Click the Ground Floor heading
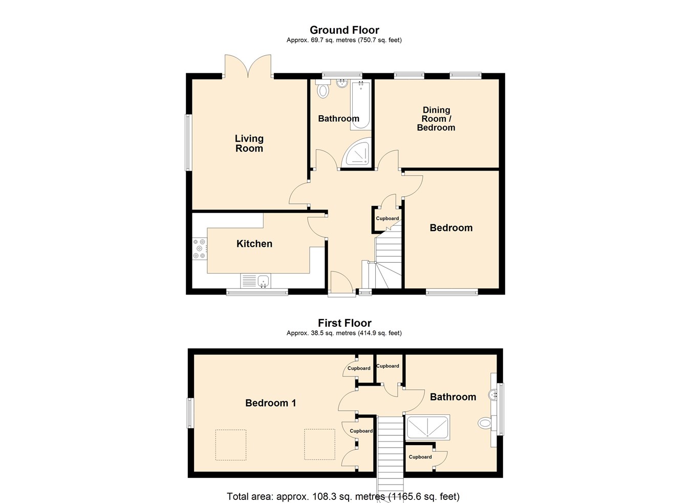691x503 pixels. pos(344,30)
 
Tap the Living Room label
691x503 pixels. pos(249,143)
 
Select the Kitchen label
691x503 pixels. pos(254,244)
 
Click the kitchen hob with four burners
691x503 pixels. pos(199,248)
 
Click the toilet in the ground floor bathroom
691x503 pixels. pos(322,90)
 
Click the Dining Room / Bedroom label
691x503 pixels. pos(436,119)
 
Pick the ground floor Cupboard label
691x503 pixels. pos(387,219)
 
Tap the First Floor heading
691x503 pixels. pos(344,323)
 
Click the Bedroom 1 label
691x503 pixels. pos(271,403)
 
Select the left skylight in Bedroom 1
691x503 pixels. pos(230,445)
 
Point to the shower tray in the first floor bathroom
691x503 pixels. pos(427,428)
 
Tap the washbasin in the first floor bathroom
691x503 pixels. pos(493,394)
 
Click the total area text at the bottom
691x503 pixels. pos(343,496)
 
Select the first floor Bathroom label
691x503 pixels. pos(453,397)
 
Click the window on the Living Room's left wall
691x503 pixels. pos(188,142)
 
